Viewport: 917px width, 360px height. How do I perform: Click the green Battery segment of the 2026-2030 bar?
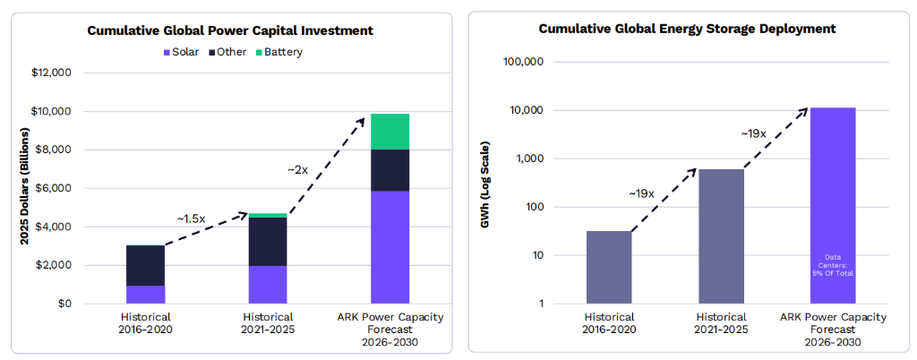[390, 132]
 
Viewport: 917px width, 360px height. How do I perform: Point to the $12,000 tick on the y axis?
[51, 73]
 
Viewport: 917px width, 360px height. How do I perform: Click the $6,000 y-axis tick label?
[54, 188]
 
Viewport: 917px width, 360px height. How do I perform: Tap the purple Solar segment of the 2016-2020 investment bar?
[145, 295]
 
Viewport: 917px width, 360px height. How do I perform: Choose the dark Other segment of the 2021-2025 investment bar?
[268, 242]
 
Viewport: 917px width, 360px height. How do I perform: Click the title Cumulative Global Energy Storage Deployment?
[687, 29]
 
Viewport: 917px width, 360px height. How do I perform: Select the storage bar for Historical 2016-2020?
[609, 267]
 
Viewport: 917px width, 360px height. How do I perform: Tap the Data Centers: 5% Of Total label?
[833, 264]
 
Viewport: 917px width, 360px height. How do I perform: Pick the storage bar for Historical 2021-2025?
[721, 236]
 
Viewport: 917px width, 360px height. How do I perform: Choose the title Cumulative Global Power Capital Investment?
[230, 30]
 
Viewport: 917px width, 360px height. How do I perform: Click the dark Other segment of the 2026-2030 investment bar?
[390, 170]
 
